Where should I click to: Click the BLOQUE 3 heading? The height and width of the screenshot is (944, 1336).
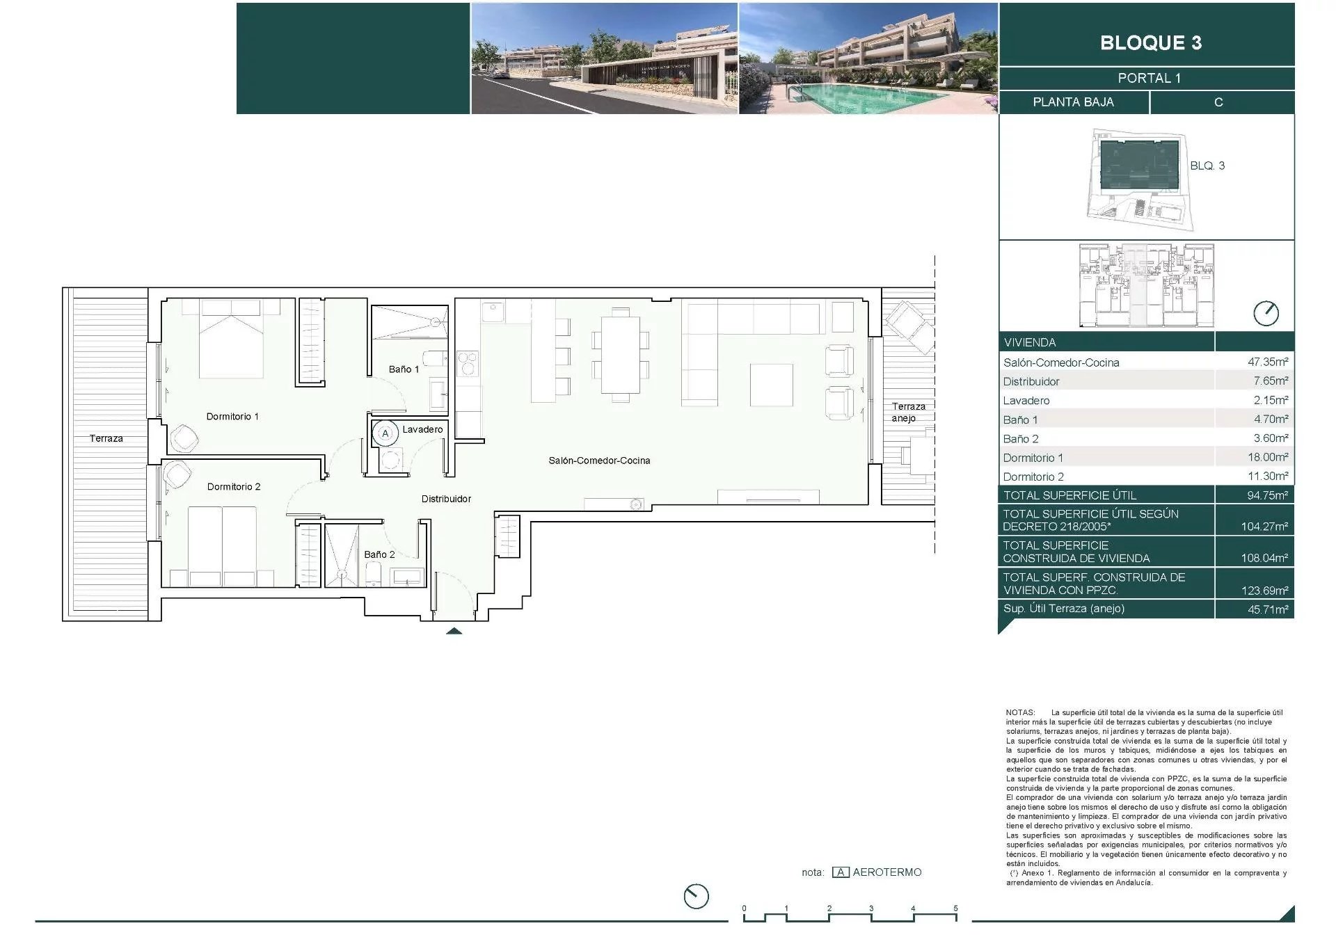click(x=1151, y=42)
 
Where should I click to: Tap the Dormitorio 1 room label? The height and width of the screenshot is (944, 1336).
click(x=232, y=417)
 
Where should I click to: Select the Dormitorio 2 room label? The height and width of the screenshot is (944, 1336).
click(x=234, y=487)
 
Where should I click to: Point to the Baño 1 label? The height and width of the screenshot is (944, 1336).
click(x=404, y=369)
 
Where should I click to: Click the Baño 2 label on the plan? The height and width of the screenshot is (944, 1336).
click(x=379, y=554)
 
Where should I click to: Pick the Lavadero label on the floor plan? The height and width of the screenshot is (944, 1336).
click(x=422, y=429)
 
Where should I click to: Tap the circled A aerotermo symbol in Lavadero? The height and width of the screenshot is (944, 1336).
click(x=385, y=433)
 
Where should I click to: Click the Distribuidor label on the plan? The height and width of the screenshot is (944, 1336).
click(x=446, y=499)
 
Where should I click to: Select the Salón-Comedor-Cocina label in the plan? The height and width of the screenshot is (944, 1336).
click(x=599, y=461)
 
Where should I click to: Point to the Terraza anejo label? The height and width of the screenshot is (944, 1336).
click(x=908, y=412)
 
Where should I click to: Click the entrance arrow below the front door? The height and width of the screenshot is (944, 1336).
click(x=454, y=631)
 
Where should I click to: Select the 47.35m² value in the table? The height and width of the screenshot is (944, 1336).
click(x=1268, y=362)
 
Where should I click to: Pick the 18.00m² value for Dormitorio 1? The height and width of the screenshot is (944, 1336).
click(x=1268, y=457)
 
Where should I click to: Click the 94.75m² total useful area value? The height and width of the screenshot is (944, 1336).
click(x=1268, y=495)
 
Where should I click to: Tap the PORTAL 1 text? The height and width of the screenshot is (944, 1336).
click(x=1149, y=79)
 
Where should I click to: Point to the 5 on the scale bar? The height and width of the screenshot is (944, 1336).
click(x=955, y=909)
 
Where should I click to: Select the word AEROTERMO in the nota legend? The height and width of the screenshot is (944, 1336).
click(x=887, y=872)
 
